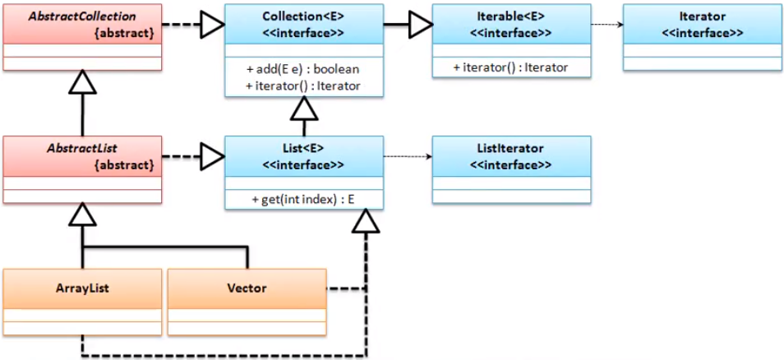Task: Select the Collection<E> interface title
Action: click(303, 16)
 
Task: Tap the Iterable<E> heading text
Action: click(510, 16)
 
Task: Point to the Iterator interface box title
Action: click(701, 16)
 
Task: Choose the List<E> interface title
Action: click(303, 148)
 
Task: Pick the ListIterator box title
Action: click(510, 148)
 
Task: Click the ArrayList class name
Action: click(81, 288)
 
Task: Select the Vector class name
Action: click(247, 288)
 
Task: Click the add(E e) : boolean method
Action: click(302, 69)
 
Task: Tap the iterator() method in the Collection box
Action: click(302, 85)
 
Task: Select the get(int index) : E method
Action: click(302, 201)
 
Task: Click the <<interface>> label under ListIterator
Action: click(510, 164)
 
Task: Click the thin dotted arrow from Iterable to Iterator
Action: click(606, 25)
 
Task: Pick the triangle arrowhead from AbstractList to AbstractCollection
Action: click(81, 81)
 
